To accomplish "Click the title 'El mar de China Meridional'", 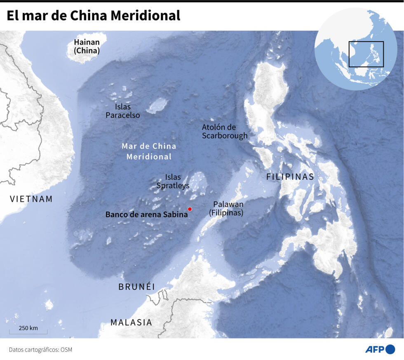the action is click(x=94, y=16).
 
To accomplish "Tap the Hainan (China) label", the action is click(x=87, y=47).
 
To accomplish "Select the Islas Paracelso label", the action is click(x=122, y=111).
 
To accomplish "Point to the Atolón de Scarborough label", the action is click(x=225, y=131).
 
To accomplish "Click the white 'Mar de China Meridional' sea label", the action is click(x=149, y=151).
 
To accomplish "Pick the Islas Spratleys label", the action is click(x=173, y=181).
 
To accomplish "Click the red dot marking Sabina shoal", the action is click(x=190, y=209).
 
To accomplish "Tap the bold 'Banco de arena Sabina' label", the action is click(x=146, y=214).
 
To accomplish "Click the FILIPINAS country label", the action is click(x=290, y=177).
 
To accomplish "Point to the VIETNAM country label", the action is click(x=31, y=199).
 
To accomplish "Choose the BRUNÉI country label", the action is click(x=136, y=287).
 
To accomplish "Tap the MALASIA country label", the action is click(x=131, y=322).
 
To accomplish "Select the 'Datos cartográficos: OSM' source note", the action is click(x=38, y=350).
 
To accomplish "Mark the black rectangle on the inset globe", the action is click(x=366, y=54).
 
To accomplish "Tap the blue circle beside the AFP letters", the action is click(x=390, y=349).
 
